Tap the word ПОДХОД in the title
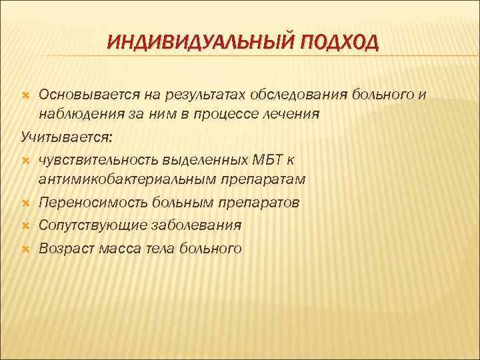click(x=340, y=43)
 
